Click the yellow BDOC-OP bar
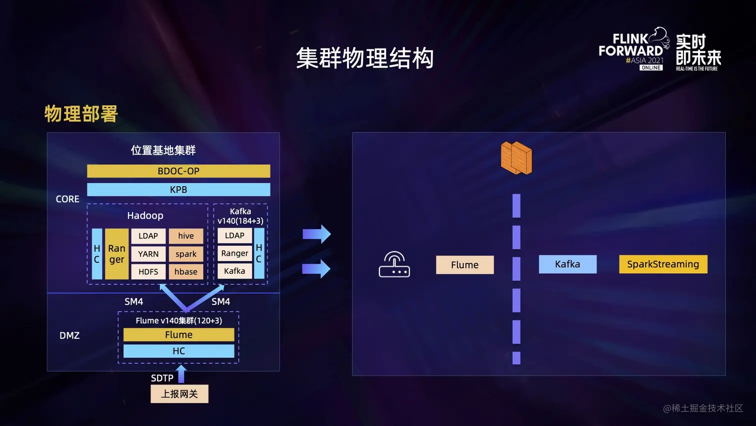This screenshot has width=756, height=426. click(178, 171)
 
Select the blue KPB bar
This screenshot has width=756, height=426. click(178, 190)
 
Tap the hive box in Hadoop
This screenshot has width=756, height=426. click(186, 236)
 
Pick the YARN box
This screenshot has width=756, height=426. click(148, 254)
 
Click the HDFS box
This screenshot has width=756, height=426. click(148, 272)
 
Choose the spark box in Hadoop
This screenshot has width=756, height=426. click(186, 254)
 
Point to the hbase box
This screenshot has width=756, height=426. click(186, 272)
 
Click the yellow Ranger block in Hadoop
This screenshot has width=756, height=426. click(116, 254)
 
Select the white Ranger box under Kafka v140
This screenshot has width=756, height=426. click(234, 253)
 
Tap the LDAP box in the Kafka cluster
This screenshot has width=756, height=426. click(234, 235)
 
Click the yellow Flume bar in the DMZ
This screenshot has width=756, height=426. click(178, 334)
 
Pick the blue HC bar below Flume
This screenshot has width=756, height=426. click(178, 351)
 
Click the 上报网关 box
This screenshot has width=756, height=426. click(179, 394)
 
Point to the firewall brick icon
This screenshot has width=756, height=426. click(516, 158)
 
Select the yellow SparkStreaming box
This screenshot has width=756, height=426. click(663, 264)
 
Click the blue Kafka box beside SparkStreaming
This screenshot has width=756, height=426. click(567, 264)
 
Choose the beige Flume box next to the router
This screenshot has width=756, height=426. click(464, 265)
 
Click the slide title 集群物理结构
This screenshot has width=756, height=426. click(364, 58)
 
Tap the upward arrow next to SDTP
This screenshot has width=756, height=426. click(181, 374)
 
